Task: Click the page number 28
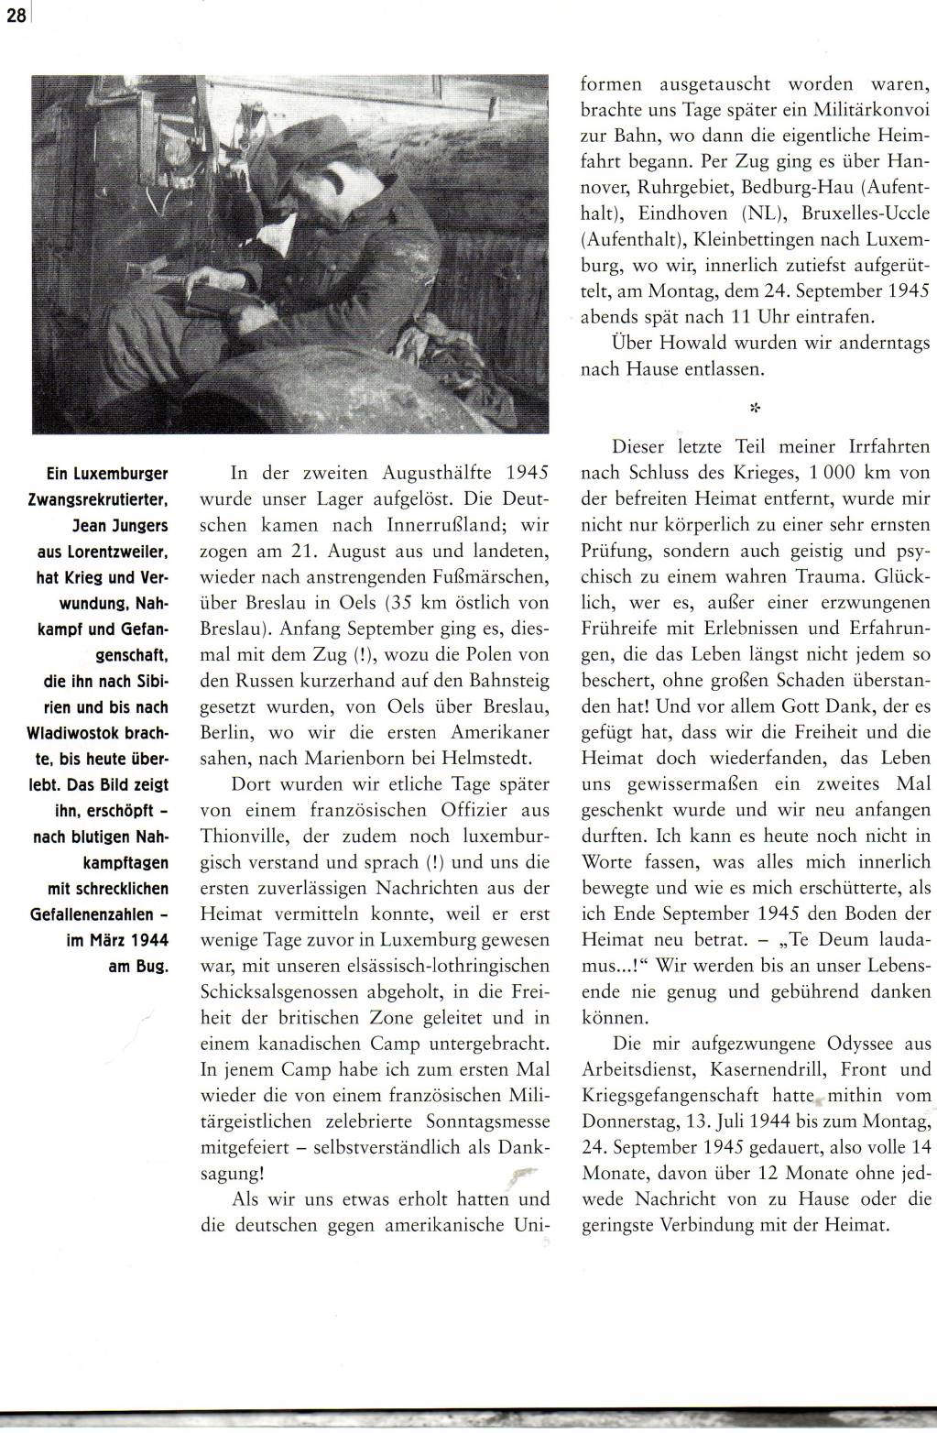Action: click(14, 16)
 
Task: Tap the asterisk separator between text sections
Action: click(755, 408)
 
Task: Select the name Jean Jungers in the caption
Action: click(120, 528)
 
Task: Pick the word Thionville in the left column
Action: click(241, 836)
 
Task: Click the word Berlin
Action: click(225, 732)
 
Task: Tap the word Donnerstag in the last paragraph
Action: click(626, 1121)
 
